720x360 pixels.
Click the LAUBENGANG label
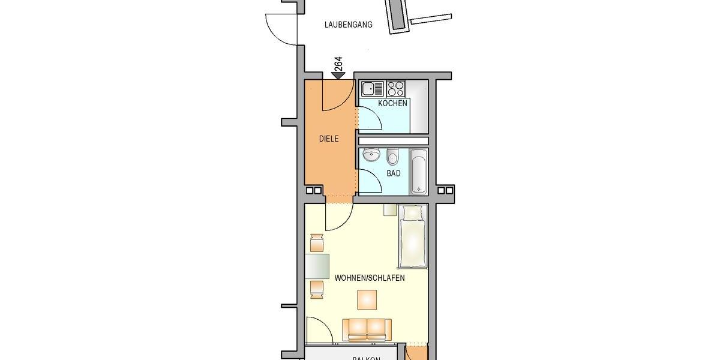pyautogui.click(x=348, y=25)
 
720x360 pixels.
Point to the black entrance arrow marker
pyautogui.click(x=338, y=75)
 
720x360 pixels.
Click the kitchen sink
pyautogui.click(x=372, y=89)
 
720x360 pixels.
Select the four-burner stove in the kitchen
pyautogui.click(x=395, y=89)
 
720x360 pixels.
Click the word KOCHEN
pyautogui.click(x=392, y=103)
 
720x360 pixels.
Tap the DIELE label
pyautogui.click(x=329, y=139)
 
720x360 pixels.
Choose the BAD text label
pyautogui.click(x=393, y=173)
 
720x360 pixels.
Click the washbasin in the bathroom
pyautogui.click(x=372, y=155)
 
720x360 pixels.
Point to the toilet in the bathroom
pyautogui.click(x=393, y=157)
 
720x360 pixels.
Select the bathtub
pyautogui.click(x=418, y=172)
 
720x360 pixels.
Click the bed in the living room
pyautogui.click(x=412, y=236)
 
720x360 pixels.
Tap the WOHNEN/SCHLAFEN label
pyautogui.click(x=370, y=278)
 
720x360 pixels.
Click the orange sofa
pyautogui.click(x=367, y=329)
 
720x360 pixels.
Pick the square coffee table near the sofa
pyautogui.click(x=367, y=299)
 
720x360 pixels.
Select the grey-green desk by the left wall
pyautogui.click(x=317, y=266)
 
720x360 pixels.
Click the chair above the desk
pyautogui.click(x=317, y=244)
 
